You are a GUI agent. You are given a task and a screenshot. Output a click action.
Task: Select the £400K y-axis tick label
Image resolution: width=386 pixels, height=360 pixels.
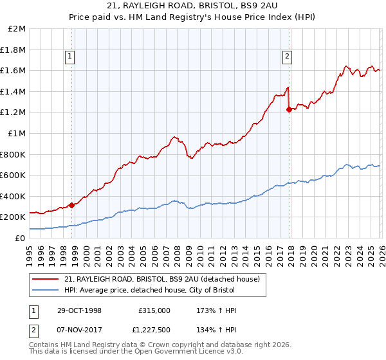pos(13,196)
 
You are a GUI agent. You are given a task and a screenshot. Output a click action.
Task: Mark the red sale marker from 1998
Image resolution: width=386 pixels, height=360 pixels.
pos(71,205)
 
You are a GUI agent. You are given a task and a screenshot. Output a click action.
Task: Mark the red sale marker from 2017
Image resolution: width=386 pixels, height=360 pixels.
pos(288,110)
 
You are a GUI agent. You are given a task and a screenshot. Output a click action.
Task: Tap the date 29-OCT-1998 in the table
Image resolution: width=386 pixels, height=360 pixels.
pos(78,310)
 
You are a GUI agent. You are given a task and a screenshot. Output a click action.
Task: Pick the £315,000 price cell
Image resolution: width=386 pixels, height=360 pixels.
pos(154,310)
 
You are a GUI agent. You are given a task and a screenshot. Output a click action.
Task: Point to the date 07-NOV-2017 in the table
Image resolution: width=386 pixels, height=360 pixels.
pos(78,329)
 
